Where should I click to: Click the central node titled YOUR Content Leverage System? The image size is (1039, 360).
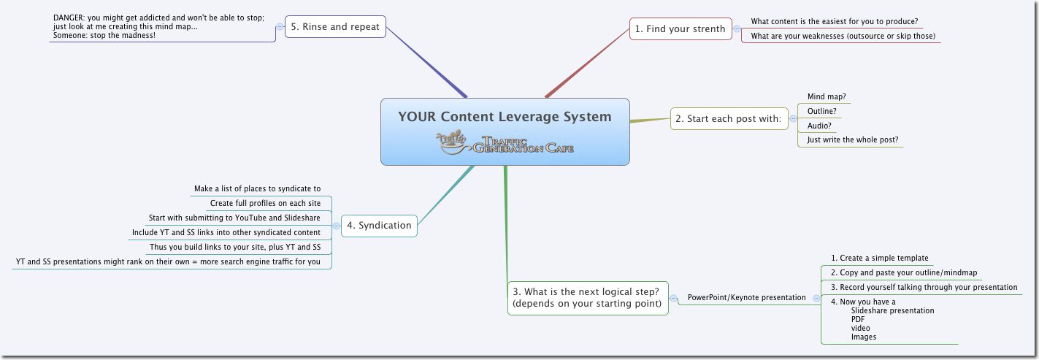[504, 117]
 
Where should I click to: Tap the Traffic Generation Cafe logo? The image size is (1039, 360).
[505, 142]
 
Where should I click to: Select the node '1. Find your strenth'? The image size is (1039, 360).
[680, 29]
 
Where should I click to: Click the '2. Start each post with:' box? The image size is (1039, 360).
[729, 118]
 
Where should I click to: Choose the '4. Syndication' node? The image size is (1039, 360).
[380, 225]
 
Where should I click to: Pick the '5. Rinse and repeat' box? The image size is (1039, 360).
[335, 27]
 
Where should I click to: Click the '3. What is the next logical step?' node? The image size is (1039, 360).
[588, 298]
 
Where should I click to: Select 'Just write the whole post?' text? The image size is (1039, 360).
[852, 139]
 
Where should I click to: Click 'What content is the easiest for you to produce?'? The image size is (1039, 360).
[834, 21]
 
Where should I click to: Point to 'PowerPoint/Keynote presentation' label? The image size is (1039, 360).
[746, 298]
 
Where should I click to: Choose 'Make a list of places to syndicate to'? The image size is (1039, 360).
[257, 188]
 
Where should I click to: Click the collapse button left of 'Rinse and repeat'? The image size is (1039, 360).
[280, 27]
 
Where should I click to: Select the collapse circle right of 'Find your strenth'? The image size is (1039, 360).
[737, 29]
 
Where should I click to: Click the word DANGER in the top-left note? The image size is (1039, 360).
[69, 17]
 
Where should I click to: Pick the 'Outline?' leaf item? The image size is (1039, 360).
[821, 111]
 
